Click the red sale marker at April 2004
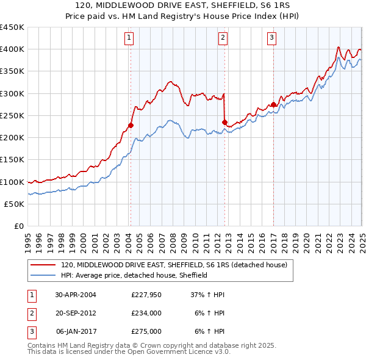point(131,125)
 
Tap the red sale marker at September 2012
point(224,123)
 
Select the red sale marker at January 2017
point(273,104)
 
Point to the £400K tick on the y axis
point(12,49)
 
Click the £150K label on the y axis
point(12,160)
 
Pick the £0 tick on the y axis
point(18,226)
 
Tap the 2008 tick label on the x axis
point(173,239)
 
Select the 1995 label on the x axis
point(28,239)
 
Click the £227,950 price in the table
point(146,294)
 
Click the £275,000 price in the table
point(146,332)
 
